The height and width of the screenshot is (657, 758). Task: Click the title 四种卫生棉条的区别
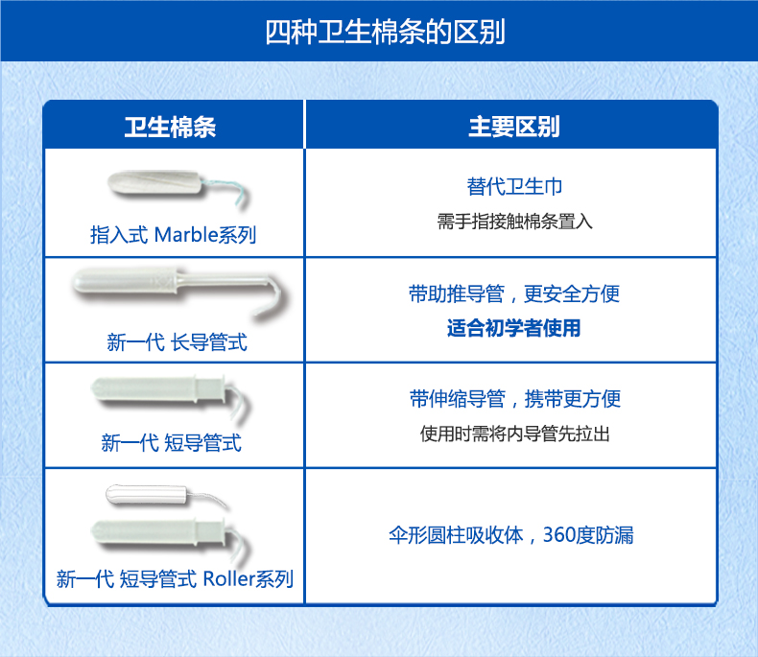386,32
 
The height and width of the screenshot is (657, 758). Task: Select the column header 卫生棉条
170,127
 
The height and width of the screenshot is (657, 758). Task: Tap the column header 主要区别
514,127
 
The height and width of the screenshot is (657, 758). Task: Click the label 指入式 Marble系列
173,235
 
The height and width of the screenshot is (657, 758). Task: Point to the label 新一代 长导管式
177,342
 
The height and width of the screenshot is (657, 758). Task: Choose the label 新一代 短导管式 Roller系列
175,578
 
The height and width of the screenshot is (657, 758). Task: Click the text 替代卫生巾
514,186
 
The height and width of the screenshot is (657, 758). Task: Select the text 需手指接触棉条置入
515,222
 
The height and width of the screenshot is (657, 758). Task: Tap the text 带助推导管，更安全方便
514,293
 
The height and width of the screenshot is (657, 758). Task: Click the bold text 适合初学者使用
514,328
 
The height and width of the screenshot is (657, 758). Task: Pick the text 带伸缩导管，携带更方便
515,399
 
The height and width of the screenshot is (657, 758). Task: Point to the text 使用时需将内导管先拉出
515,434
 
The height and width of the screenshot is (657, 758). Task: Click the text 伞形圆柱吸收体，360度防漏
511,535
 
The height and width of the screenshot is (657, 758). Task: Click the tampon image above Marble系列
178,188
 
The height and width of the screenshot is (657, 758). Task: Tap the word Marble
186,235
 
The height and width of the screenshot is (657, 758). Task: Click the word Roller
228,578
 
